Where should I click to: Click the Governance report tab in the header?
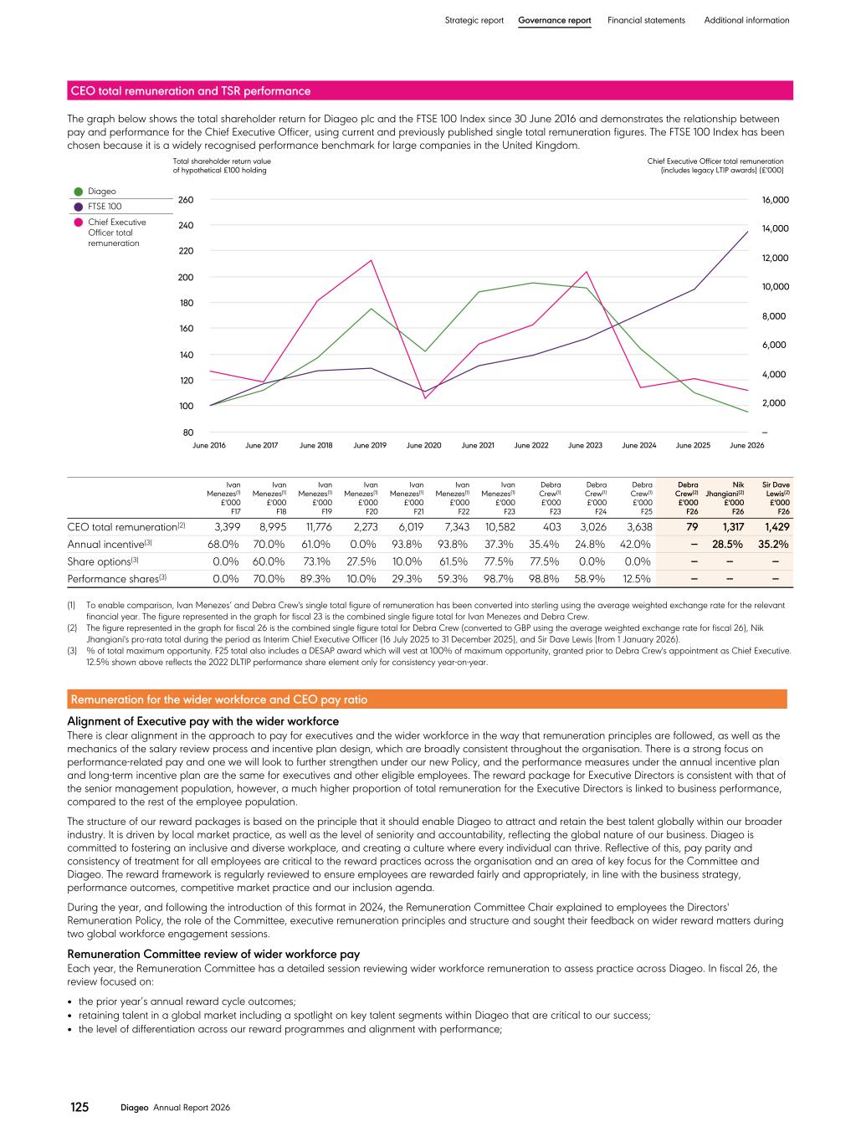point(554,20)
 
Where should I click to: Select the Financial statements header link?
point(646,20)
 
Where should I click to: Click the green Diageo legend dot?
point(79,192)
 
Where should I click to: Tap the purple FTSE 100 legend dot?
point(79,207)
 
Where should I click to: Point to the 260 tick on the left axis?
point(186,200)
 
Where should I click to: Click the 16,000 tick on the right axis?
point(775,200)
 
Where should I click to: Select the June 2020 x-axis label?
point(423,445)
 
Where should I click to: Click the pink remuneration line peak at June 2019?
point(371,260)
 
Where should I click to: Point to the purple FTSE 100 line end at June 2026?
point(747,232)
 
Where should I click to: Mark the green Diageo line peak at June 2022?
point(532,283)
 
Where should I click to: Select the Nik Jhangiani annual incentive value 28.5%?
point(727,544)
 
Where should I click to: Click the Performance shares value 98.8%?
point(544,579)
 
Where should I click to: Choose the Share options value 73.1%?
point(317,561)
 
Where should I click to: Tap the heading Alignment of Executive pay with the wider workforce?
point(202,721)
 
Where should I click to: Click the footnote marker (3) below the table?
point(71,651)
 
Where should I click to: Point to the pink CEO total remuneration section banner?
point(430,90)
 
